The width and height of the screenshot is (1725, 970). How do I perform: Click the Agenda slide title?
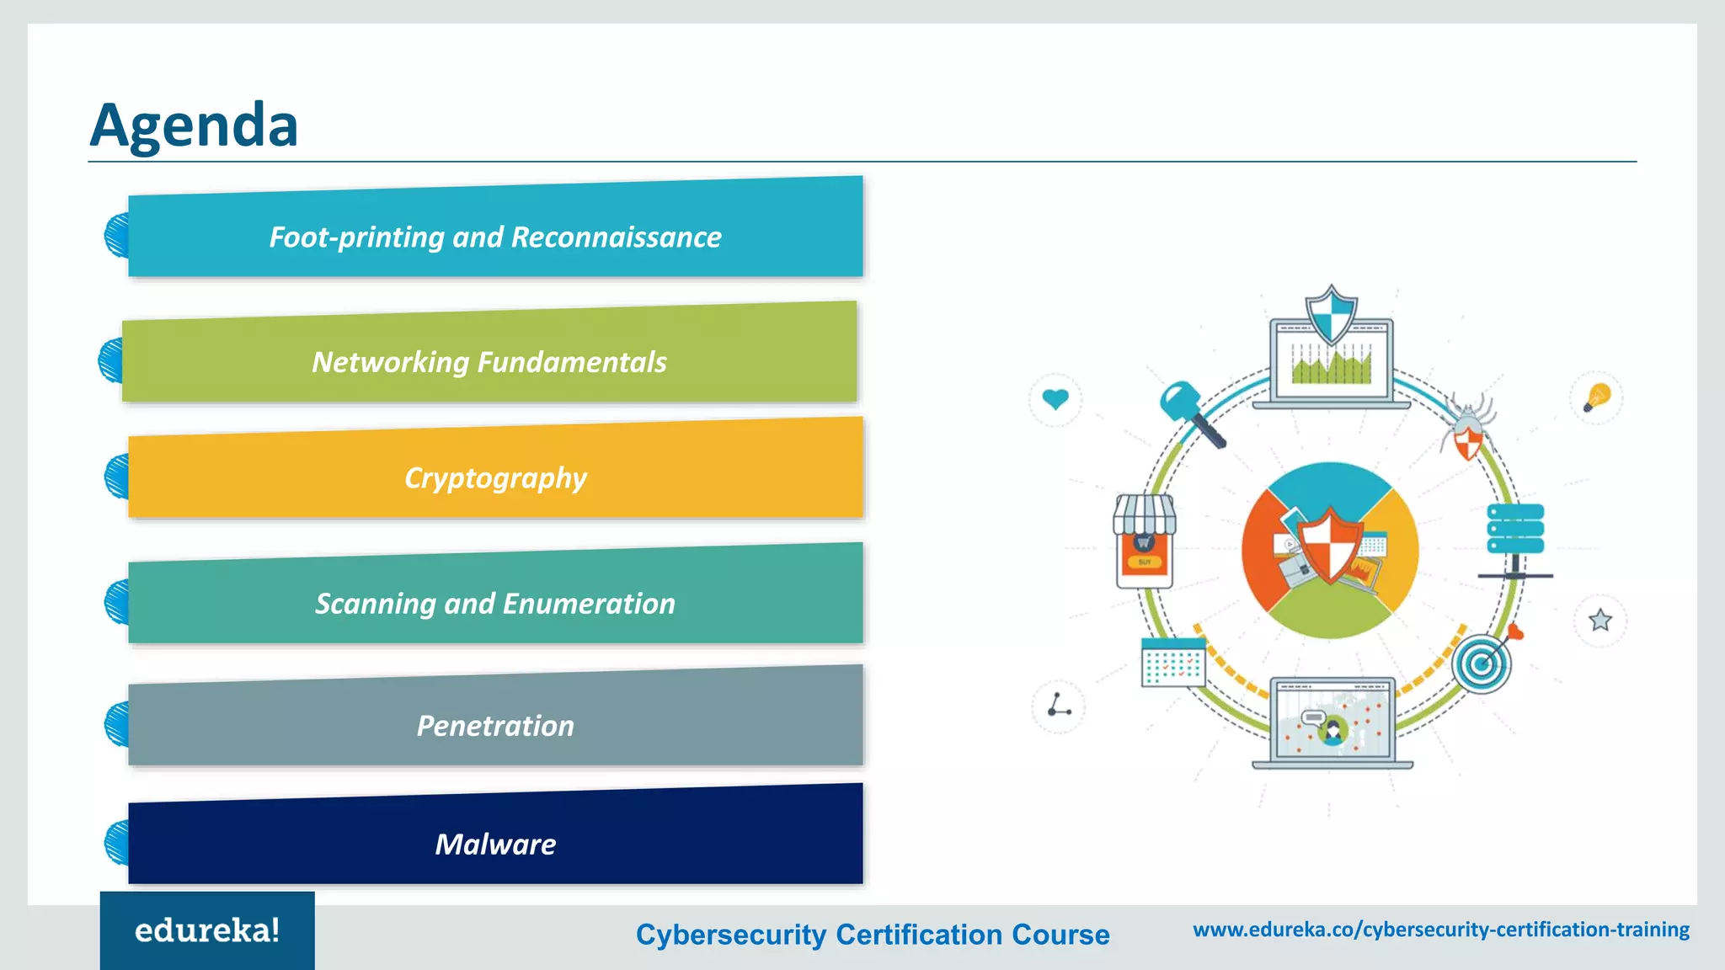(x=194, y=125)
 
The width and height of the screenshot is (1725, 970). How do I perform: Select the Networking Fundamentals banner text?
(x=489, y=362)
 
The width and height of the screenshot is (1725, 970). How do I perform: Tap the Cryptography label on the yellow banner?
(x=495, y=478)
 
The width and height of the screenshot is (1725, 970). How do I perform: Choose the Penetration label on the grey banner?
(x=495, y=726)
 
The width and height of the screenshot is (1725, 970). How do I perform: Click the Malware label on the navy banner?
(x=495, y=845)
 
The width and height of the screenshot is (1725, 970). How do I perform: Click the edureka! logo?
(x=207, y=930)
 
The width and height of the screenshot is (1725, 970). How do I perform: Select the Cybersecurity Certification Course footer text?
(x=873, y=935)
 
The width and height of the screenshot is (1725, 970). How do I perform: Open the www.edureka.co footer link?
(x=1440, y=930)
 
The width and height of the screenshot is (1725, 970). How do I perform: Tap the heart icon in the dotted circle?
(x=1055, y=398)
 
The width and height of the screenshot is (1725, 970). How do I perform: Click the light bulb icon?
(x=1596, y=397)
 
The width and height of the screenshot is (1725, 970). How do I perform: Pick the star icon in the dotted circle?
(x=1599, y=621)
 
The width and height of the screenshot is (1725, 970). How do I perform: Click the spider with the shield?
(x=1468, y=429)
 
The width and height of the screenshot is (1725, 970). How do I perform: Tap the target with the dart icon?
(x=1484, y=662)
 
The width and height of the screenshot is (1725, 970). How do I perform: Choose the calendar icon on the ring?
(x=1172, y=663)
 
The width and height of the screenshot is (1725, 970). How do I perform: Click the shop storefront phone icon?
(x=1144, y=540)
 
